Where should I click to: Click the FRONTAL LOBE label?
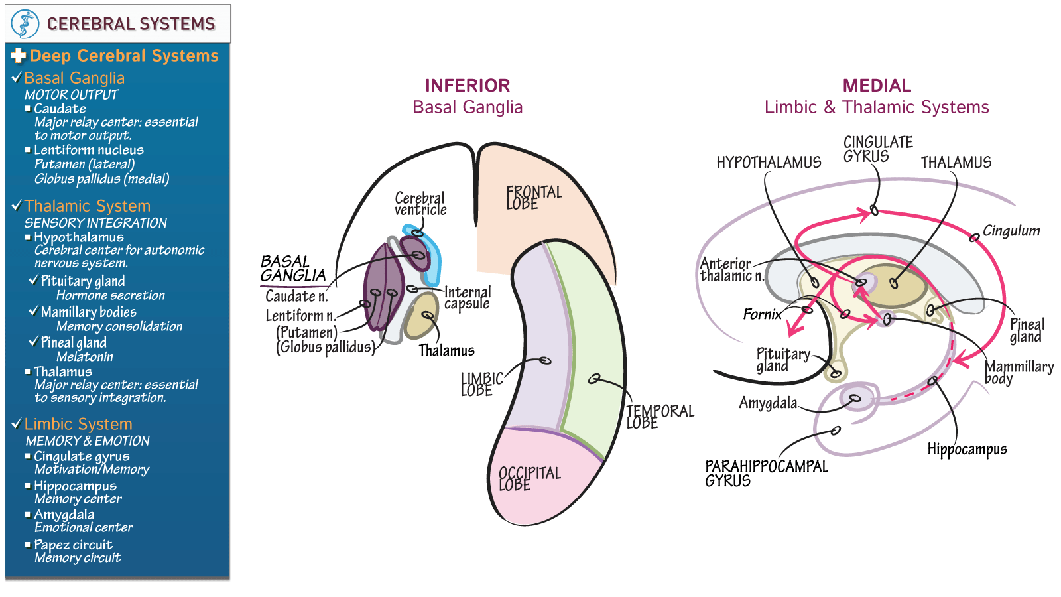(x=533, y=198)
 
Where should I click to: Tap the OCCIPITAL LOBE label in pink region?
(x=529, y=479)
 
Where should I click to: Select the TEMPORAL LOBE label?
(x=659, y=417)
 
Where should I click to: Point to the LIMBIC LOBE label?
(x=481, y=385)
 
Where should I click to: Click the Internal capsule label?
(x=468, y=298)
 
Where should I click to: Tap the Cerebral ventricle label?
(x=420, y=204)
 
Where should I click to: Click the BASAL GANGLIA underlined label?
(x=292, y=269)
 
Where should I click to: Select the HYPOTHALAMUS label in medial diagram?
(x=768, y=163)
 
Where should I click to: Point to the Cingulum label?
(x=1011, y=231)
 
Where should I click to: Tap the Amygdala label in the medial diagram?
(x=767, y=403)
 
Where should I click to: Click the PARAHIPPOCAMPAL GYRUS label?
(x=766, y=473)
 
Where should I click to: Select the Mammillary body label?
(x=1018, y=372)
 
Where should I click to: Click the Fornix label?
(x=762, y=314)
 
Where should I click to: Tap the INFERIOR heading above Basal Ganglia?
(x=467, y=86)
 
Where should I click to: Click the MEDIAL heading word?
(x=876, y=86)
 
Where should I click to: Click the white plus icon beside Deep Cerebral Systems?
(x=19, y=56)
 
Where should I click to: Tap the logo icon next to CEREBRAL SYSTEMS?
(x=25, y=24)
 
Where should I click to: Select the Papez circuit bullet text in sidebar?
(x=73, y=545)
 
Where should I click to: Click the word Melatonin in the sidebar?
(x=84, y=357)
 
